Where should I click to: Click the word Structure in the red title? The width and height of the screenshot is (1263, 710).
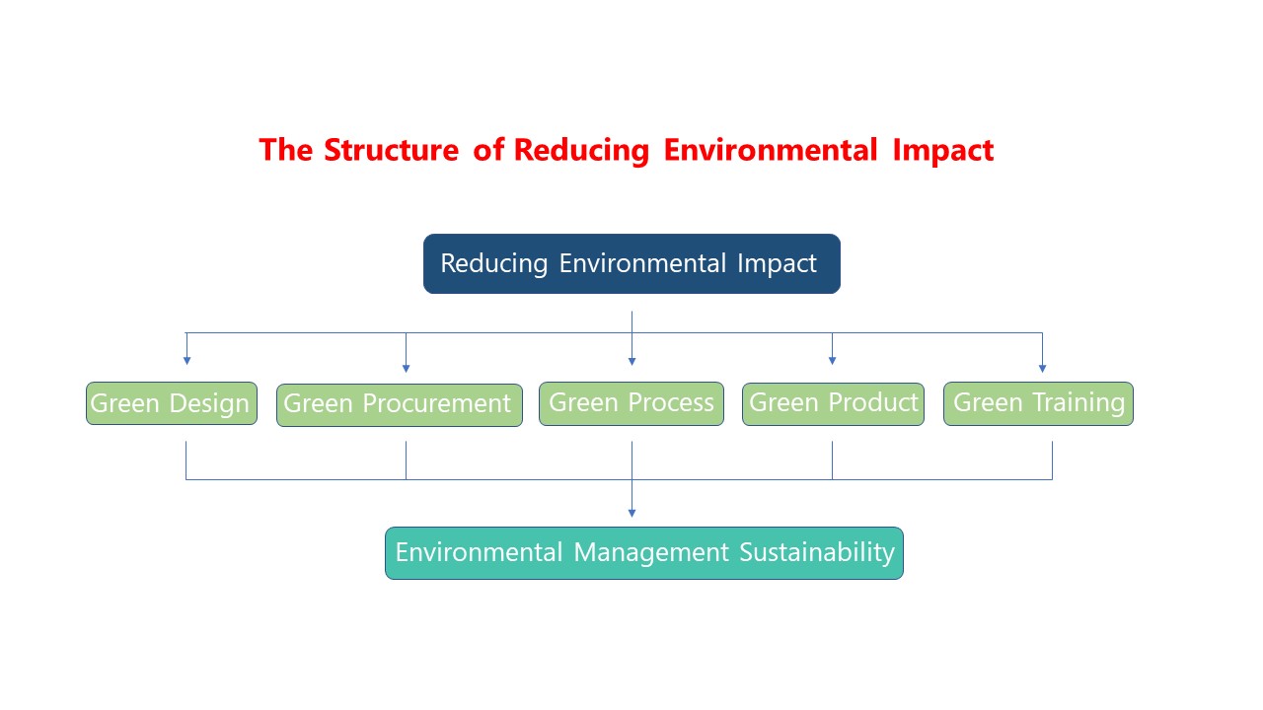392,150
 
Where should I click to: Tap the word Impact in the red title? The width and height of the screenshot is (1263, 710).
942,151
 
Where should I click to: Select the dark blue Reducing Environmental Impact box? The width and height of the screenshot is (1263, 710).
631,263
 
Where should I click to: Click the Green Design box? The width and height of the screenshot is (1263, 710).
172,403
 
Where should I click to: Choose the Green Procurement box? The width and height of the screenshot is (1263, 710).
400,405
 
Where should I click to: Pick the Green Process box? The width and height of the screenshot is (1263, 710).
631,404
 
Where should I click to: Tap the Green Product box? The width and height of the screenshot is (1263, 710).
833,404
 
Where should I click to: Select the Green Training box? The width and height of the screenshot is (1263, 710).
1038,404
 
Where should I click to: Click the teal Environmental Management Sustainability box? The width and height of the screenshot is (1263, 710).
644,553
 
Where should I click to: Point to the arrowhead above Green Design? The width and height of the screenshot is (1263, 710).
186,361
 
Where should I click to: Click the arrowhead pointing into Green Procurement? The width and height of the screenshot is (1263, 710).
406,369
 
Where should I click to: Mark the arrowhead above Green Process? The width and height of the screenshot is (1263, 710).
631,361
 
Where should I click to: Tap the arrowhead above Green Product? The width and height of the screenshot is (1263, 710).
832,361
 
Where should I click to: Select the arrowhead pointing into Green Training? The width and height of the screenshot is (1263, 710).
1042,369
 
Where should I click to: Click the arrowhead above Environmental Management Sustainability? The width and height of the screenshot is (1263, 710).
631,514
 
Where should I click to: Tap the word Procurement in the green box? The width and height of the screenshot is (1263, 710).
436,403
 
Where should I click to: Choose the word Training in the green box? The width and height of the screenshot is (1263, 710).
1078,403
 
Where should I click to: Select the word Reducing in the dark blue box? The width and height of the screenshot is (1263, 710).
494,263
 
